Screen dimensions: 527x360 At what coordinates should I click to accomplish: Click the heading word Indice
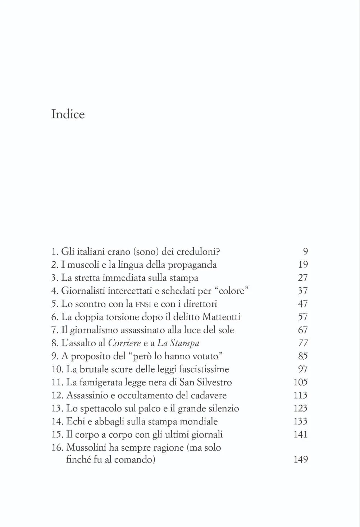click(68, 114)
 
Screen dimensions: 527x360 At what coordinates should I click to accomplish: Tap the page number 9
click(305, 252)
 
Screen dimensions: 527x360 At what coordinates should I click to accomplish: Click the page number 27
click(303, 278)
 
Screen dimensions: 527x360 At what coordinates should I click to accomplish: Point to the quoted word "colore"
click(232, 291)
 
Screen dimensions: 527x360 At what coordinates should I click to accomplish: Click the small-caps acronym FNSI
click(143, 305)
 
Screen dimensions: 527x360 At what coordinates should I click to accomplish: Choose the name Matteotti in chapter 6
click(221, 317)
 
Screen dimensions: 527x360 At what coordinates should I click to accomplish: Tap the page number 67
click(303, 330)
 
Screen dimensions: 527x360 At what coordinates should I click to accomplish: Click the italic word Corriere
click(124, 343)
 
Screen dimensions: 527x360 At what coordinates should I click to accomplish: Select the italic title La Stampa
click(178, 343)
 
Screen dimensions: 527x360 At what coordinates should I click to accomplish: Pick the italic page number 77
click(303, 343)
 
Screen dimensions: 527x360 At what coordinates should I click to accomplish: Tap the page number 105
click(301, 382)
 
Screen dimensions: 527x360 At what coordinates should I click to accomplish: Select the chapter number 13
click(57, 409)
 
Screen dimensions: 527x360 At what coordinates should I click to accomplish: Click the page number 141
click(301, 434)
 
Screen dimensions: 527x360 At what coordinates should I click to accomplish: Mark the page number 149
click(301, 460)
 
